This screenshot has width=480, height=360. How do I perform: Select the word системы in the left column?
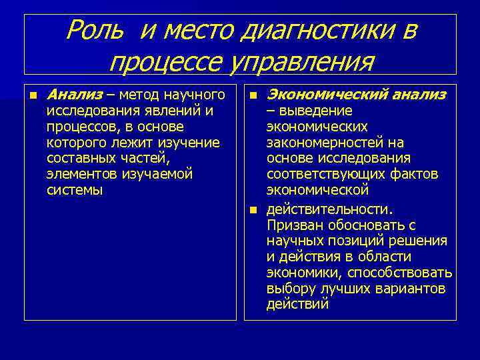pyautogui.click(x=75, y=190)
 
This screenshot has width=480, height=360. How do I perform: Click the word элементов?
pyautogui.click(x=83, y=174)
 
